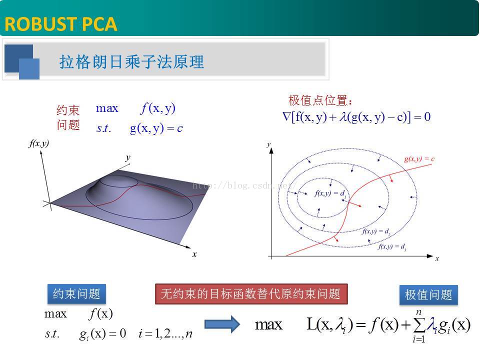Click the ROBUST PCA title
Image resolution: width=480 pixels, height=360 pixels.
point(61,23)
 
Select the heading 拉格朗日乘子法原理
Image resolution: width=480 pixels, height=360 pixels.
point(131,62)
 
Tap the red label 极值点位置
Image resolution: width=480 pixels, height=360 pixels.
point(320,100)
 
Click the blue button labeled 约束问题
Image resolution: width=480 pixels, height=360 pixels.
point(76,294)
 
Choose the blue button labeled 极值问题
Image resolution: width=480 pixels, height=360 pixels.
point(428,295)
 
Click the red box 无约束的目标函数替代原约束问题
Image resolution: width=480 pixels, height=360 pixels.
point(251,294)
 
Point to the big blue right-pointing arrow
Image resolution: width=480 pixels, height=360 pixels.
point(222,323)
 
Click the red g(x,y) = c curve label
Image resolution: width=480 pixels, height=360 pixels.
point(419,159)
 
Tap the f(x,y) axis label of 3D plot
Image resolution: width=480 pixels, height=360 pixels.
point(38,144)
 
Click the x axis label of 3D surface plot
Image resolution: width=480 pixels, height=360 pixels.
point(194,254)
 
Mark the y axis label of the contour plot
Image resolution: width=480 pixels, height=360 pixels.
point(269,144)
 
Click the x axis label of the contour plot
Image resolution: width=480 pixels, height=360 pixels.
point(436,258)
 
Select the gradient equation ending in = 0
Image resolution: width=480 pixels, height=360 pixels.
point(356,117)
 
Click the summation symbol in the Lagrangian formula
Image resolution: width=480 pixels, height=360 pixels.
point(418,325)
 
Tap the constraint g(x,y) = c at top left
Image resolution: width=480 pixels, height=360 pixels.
point(156,128)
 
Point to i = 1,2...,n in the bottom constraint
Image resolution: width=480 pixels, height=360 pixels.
point(165,333)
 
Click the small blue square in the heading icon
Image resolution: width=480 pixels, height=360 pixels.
point(29,69)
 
